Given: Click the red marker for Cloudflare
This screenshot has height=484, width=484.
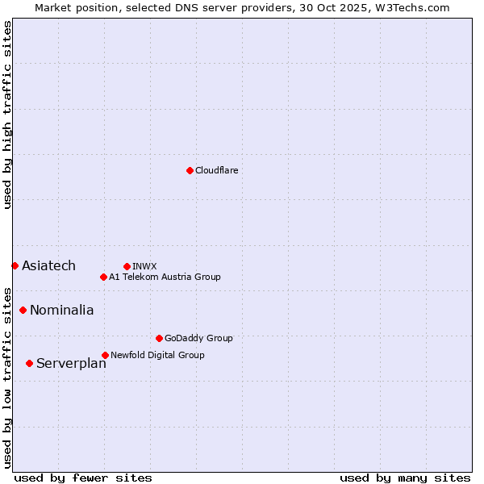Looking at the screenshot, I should [x=190, y=170].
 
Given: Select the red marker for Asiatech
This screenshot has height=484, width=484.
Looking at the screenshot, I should [x=15, y=265].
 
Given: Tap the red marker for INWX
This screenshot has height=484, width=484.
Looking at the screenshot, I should [x=127, y=266].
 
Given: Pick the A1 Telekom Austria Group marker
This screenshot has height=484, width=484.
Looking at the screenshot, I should [x=103, y=277].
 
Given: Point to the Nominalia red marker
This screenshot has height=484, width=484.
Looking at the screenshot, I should [x=23, y=310].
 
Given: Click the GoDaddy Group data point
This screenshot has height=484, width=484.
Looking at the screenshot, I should [x=159, y=338].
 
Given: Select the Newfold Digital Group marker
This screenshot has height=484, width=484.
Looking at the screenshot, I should [x=105, y=355].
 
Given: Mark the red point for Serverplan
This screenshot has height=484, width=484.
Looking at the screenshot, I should [x=29, y=363].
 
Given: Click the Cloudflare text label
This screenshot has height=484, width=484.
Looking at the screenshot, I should [x=216, y=170].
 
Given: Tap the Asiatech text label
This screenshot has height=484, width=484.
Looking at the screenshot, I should [x=48, y=265].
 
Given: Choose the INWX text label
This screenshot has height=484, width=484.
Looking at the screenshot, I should [x=144, y=266].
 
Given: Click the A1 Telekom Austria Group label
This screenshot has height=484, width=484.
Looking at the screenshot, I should [x=165, y=277].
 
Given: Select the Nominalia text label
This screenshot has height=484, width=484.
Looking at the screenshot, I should [x=61, y=310].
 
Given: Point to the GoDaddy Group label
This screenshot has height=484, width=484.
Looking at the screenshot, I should [x=198, y=338].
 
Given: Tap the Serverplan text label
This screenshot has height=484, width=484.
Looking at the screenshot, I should [x=71, y=363].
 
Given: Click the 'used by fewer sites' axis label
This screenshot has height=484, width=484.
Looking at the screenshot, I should [x=83, y=478].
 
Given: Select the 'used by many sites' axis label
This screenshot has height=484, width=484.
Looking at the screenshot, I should [x=405, y=478].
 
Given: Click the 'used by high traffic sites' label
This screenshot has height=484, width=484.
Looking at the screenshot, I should [x=7, y=115].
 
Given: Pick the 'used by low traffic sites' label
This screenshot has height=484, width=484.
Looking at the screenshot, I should [x=7, y=377].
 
